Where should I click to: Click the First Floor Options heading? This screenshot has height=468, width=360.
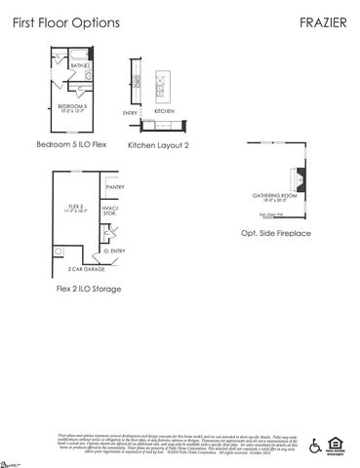(65, 20)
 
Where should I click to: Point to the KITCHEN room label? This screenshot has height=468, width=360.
(163, 111)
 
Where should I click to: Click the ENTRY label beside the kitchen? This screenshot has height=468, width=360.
(131, 113)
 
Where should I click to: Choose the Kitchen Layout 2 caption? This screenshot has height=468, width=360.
(158, 144)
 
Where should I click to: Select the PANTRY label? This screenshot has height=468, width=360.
(114, 186)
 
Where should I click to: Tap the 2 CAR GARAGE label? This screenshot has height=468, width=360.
(86, 268)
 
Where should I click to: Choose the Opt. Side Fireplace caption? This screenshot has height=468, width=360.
(276, 234)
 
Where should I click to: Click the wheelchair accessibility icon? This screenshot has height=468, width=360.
(315, 446)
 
